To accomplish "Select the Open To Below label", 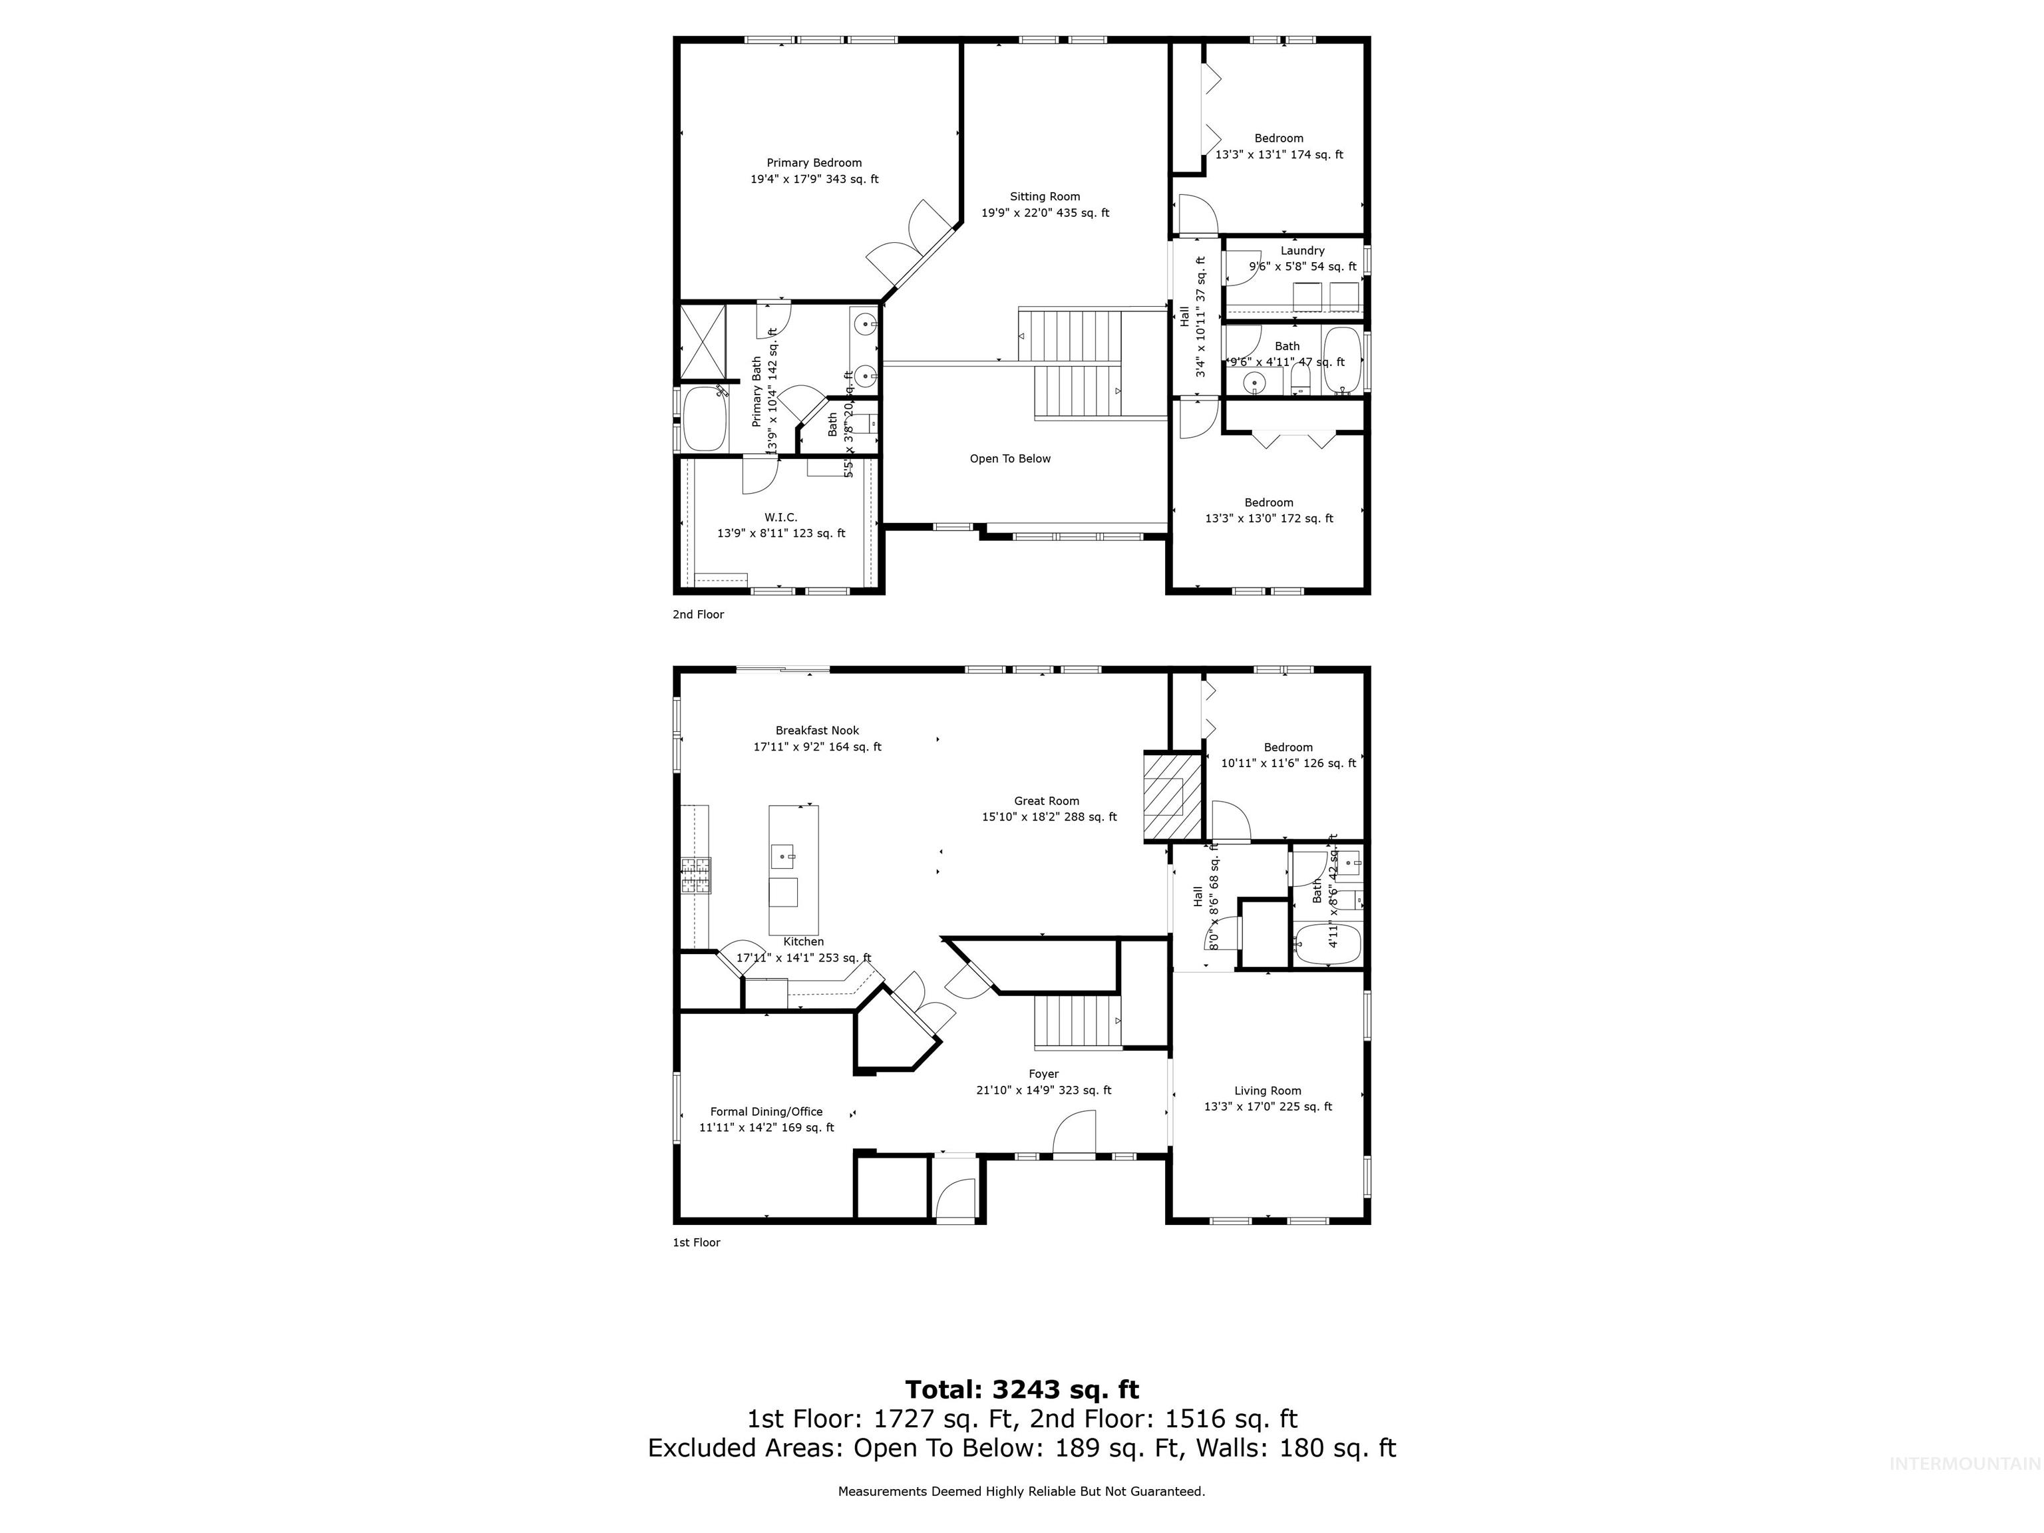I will (x=1010, y=458).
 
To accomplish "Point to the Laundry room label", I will (x=1302, y=250).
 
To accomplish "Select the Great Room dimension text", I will (x=1049, y=817).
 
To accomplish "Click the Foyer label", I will (x=1043, y=1074).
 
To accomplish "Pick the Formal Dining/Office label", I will (x=766, y=1112).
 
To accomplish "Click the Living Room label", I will (x=1267, y=1091).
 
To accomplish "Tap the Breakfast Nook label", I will (x=817, y=730).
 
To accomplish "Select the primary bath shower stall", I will (x=703, y=342).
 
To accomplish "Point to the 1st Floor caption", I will (x=696, y=1242).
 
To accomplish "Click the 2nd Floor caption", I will (x=698, y=615).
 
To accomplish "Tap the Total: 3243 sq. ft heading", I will (x=1021, y=1390).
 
